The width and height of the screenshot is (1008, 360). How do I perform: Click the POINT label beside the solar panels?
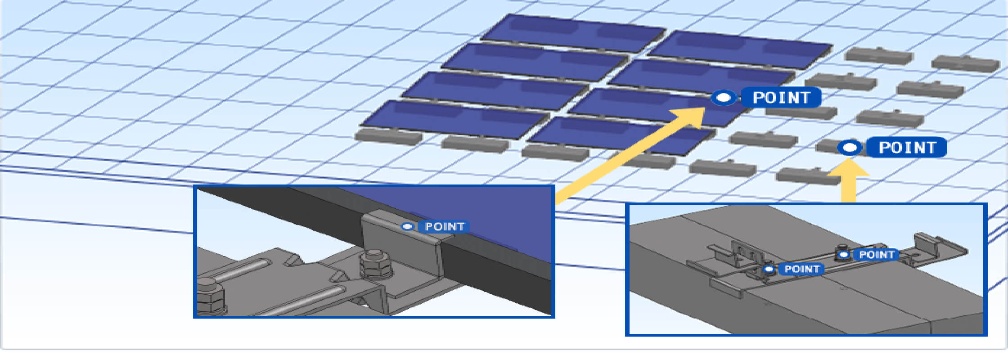pyautogui.click(x=781, y=97)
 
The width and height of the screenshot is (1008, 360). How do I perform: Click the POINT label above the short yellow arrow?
pyautogui.click(x=907, y=147)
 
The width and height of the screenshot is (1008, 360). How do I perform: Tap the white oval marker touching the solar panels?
pyautogui.click(x=724, y=97)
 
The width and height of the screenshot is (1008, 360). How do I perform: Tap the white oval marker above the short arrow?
pyautogui.click(x=850, y=147)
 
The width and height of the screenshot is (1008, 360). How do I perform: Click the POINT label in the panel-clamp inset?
pyautogui.click(x=444, y=226)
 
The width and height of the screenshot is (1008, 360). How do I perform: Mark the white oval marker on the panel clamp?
pyautogui.click(x=407, y=226)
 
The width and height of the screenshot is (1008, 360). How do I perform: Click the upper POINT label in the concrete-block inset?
pyautogui.click(x=876, y=255)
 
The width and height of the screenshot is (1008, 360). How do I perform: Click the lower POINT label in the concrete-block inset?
pyautogui.click(x=801, y=269)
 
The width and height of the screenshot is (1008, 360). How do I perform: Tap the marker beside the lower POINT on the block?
pyautogui.click(x=769, y=269)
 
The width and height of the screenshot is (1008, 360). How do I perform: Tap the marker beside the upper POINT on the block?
pyautogui.click(x=844, y=255)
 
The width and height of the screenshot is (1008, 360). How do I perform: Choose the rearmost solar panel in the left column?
pyautogui.click(x=574, y=33)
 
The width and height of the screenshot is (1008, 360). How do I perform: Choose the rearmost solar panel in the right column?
pyautogui.click(x=740, y=49)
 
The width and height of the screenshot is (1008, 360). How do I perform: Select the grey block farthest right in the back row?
pyautogui.click(x=966, y=63)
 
